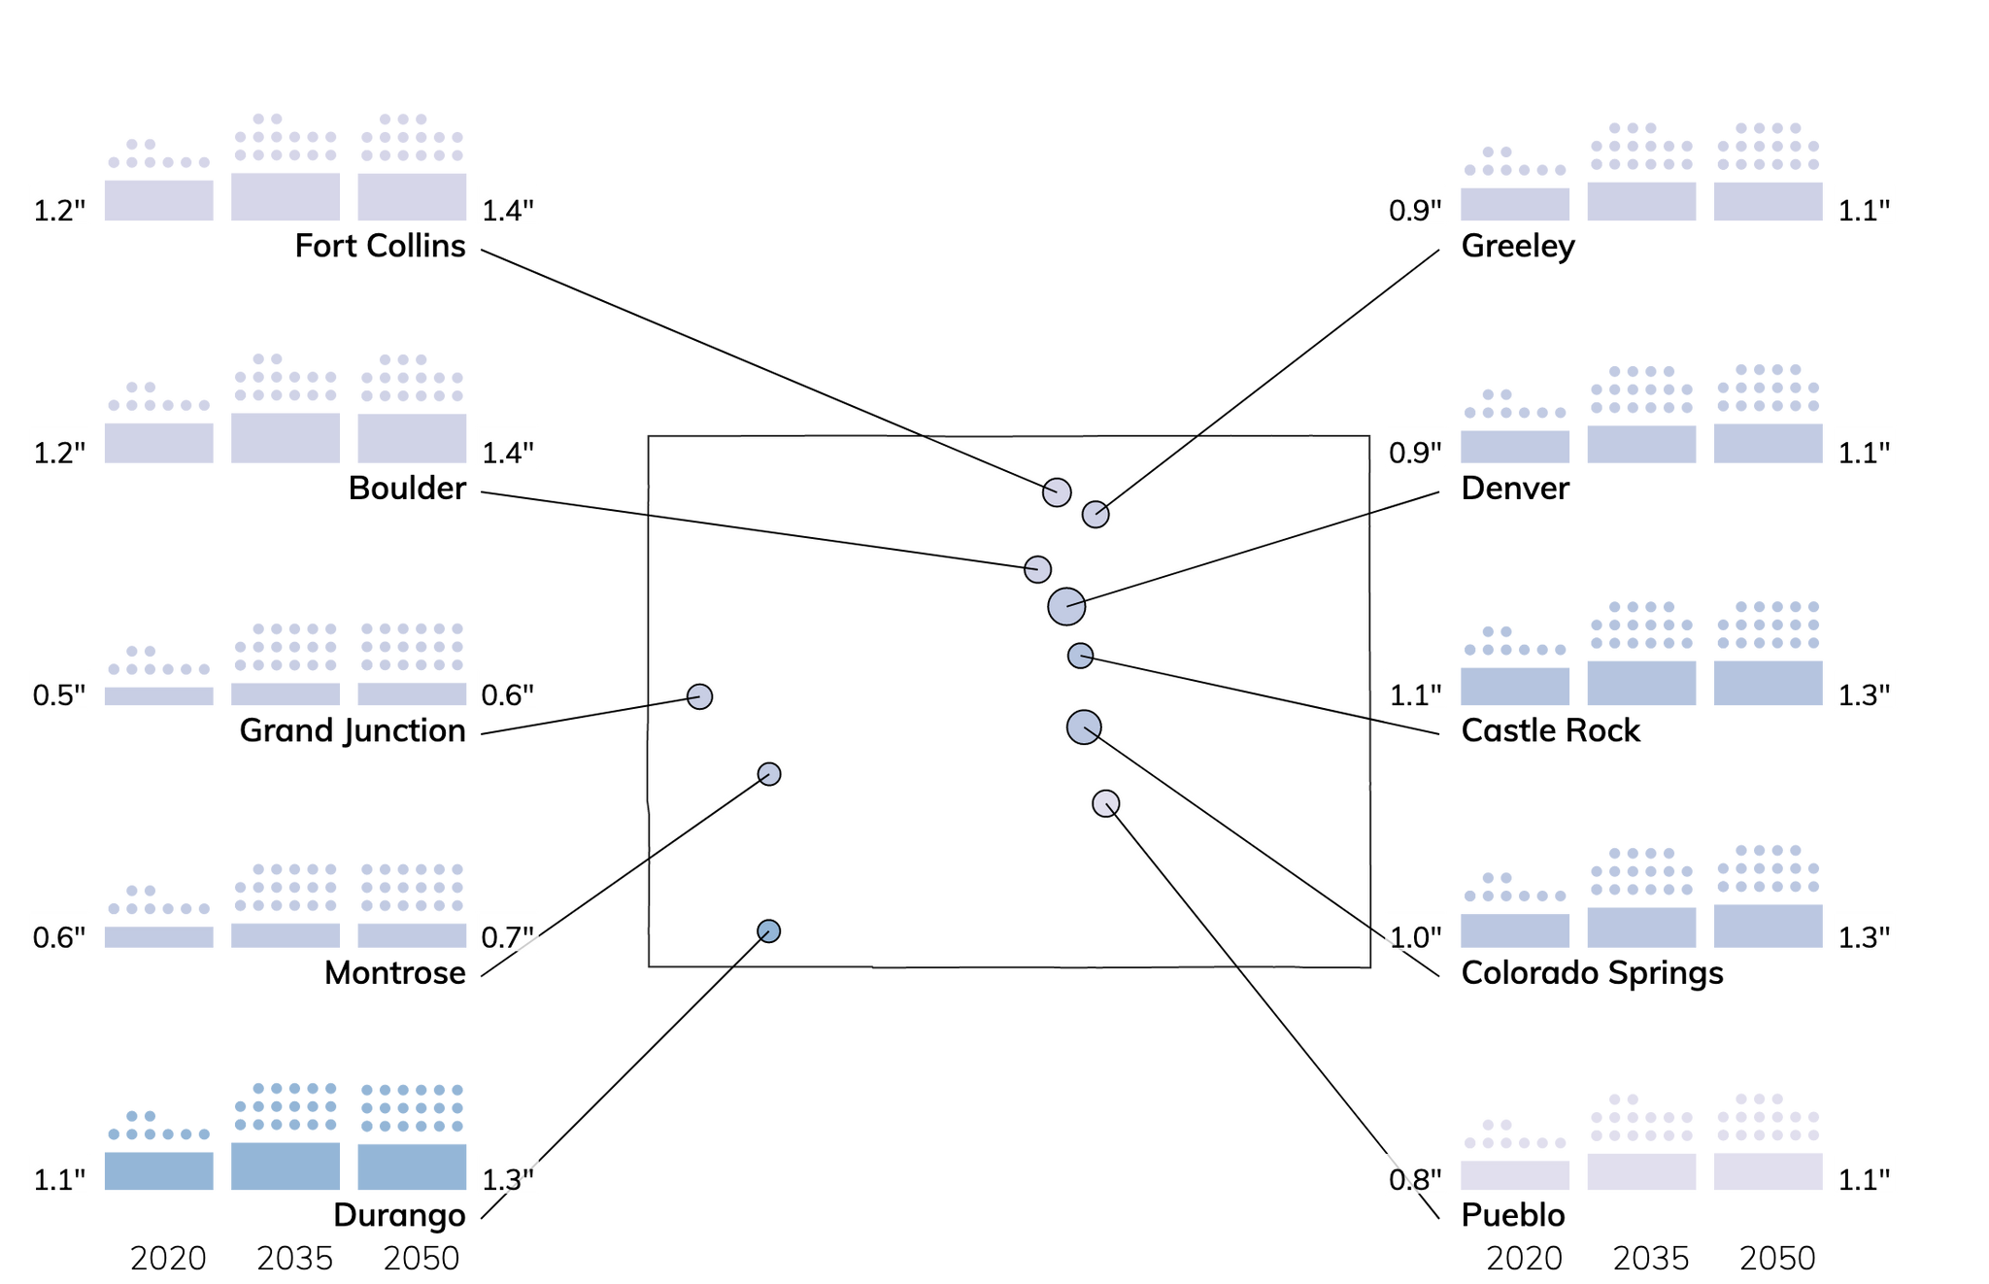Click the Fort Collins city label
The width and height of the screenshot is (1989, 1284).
click(380, 246)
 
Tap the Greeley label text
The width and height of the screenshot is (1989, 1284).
click(1518, 247)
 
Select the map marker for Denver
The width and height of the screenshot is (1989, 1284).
click(1066, 607)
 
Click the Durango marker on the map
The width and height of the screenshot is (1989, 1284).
click(769, 931)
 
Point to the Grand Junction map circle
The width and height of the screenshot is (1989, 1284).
click(700, 696)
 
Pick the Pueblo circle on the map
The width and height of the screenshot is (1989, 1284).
click(1106, 803)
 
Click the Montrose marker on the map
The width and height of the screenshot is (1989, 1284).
click(769, 774)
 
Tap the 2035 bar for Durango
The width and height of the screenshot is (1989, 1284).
click(286, 1166)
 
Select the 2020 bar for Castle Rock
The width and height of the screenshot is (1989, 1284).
click(1515, 686)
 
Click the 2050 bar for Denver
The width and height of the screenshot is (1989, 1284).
click(1768, 443)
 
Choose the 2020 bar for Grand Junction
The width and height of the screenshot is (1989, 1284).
click(159, 696)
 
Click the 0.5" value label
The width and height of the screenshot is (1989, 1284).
click(59, 695)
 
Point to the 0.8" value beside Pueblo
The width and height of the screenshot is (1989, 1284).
click(1415, 1180)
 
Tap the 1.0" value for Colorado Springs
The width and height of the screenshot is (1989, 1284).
click(1415, 937)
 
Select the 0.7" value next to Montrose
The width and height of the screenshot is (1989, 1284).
click(508, 937)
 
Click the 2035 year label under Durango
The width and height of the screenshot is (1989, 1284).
click(295, 1258)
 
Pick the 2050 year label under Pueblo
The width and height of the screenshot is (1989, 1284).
click(1777, 1258)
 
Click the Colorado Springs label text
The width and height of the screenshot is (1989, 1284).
click(1593, 973)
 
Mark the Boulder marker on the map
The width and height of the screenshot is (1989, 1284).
click(1037, 569)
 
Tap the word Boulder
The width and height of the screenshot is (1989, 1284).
click(407, 489)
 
